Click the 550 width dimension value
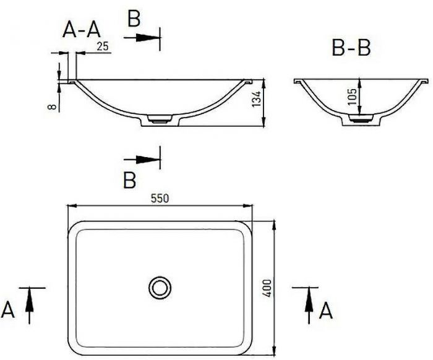tap(160, 198)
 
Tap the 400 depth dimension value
tap(267, 288)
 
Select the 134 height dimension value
tap(257, 99)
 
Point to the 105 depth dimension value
tap(352, 96)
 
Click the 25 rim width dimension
tap(103, 46)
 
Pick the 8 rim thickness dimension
tap(52, 106)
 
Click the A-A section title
tap(82, 30)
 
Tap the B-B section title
tap(351, 48)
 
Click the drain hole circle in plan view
tap(160, 288)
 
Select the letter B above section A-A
tap(134, 19)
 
